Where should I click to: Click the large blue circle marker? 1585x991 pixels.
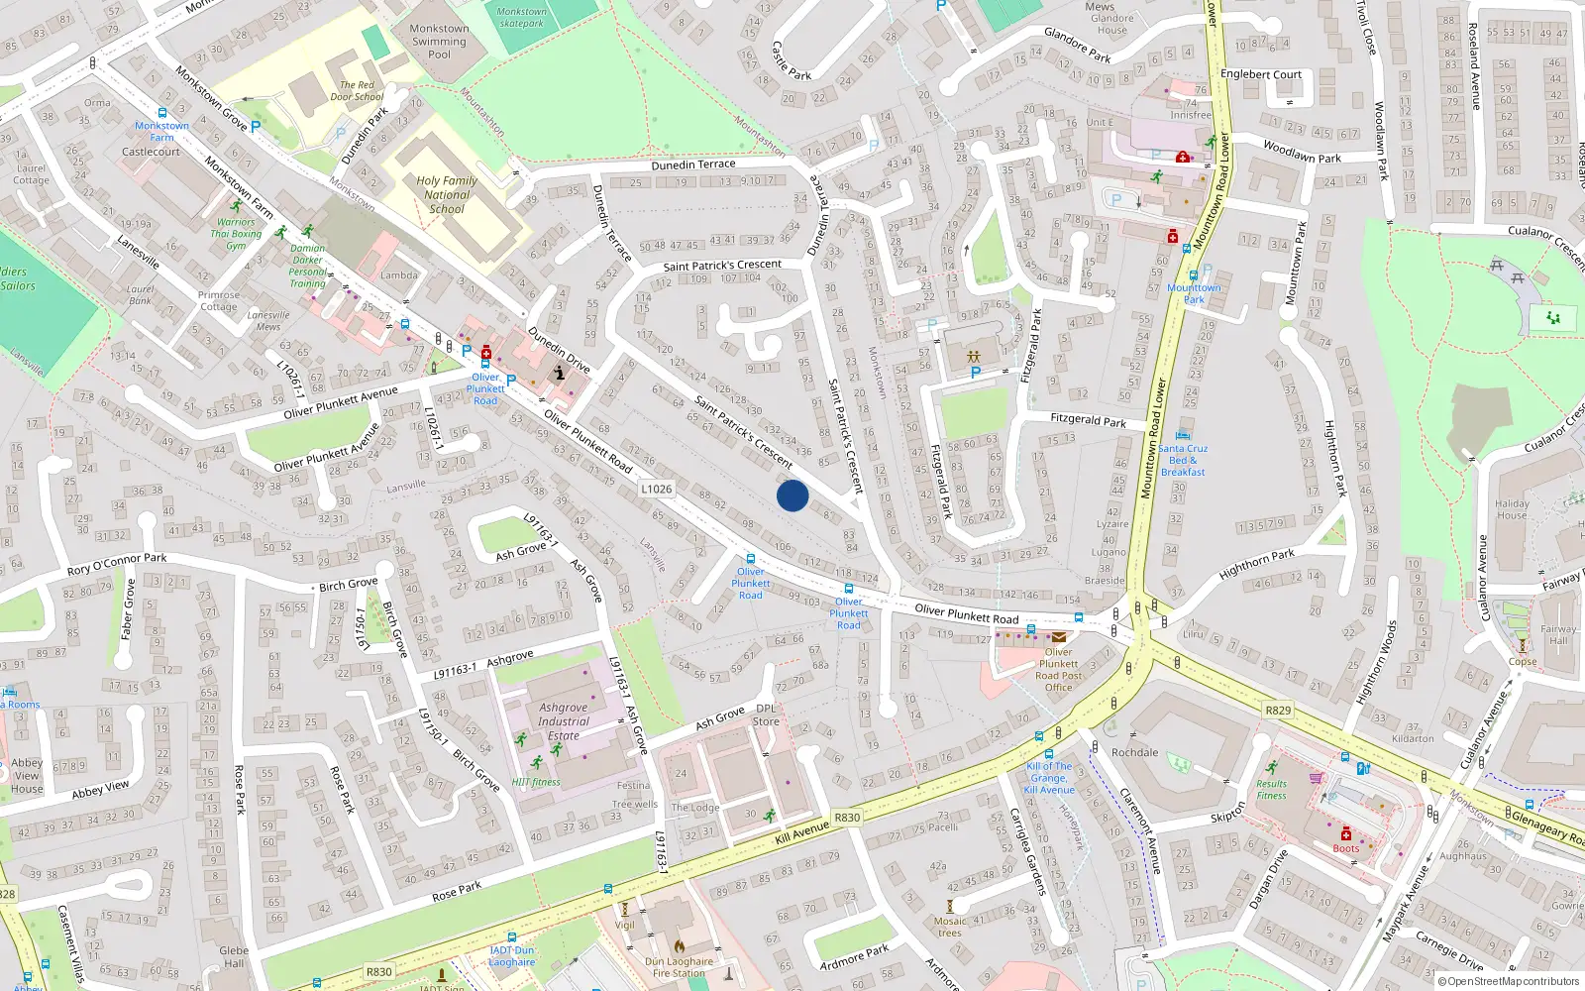(792, 495)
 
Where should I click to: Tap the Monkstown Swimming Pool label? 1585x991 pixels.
(439, 42)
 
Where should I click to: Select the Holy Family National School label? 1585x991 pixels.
(447, 194)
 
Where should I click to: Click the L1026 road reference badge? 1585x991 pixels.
(656, 489)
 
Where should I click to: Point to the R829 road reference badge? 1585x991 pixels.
(1278, 710)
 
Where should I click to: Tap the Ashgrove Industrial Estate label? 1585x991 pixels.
(564, 721)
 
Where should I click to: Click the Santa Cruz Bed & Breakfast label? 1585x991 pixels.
(1183, 460)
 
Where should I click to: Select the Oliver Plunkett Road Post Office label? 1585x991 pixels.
(1058, 670)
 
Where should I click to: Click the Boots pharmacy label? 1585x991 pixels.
(1345, 848)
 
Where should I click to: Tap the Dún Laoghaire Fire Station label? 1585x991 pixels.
(679, 967)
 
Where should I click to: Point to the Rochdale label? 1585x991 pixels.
(1134, 752)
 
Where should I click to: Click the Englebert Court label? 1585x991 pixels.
(1261, 74)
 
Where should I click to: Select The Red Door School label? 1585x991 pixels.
(357, 91)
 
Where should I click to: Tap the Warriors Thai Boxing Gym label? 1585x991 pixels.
(236, 234)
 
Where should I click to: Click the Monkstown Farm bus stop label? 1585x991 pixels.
(161, 132)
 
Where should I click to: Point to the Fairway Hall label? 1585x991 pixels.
(1558, 635)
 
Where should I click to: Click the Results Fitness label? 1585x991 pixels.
(1271, 790)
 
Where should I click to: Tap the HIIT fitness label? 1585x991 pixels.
(536, 782)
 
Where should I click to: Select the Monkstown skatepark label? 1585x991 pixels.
(521, 18)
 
